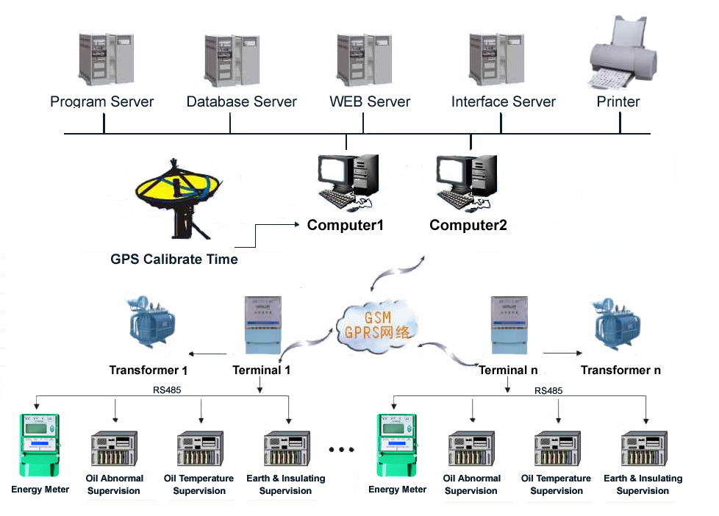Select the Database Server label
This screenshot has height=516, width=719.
coord(241,102)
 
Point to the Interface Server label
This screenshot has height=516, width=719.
coord(503,102)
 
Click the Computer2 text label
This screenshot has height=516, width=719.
coord(468,225)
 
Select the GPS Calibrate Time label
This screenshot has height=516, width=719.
coord(174,259)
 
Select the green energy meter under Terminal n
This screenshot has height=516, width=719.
coord(396,445)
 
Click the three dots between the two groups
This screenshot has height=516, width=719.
coord(342,449)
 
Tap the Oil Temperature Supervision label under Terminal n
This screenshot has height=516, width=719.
coord(557,484)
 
